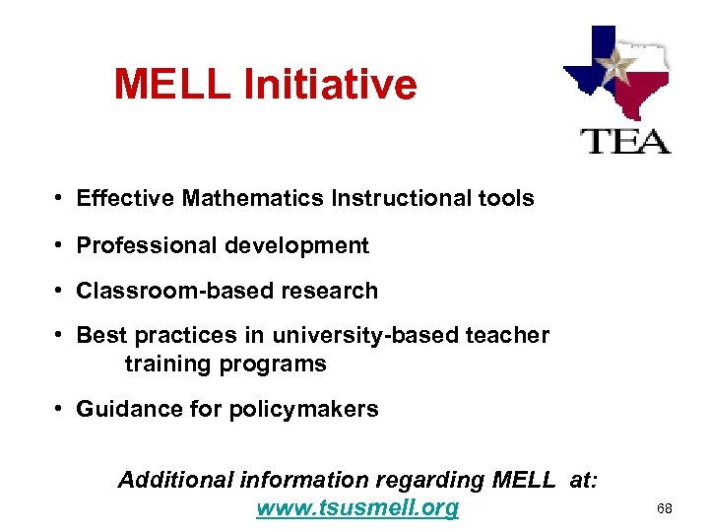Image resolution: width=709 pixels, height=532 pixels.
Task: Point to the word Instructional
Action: pyautogui.click(x=393, y=198)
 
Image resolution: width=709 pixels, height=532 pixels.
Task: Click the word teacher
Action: pyautogui.click(x=505, y=335)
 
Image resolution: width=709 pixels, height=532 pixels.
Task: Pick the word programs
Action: pyautogui.click(x=280, y=364)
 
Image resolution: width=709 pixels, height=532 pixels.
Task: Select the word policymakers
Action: pyautogui.click(x=303, y=409)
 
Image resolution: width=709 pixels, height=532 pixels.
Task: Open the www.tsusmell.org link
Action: pyautogui.click(x=357, y=508)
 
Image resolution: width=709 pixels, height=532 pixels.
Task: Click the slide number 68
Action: pyautogui.click(x=665, y=509)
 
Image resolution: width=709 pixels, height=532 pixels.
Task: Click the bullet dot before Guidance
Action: pyautogui.click(x=61, y=409)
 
